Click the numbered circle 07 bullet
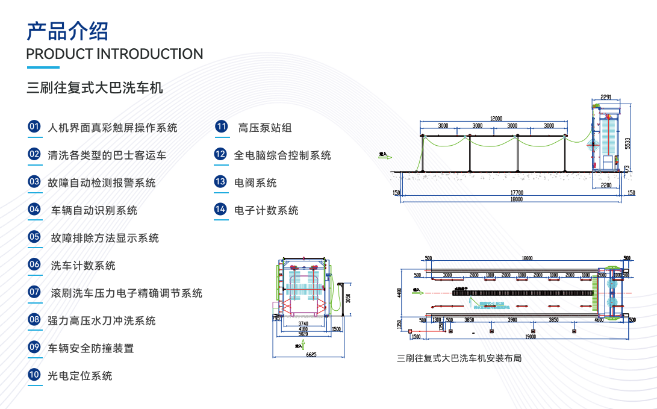pyautogui.click(x=34, y=293)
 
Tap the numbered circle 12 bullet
pyautogui.click(x=220, y=155)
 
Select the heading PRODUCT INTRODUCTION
pyautogui.click(x=114, y=54)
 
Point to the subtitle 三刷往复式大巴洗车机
pyautogui.click(x=95, y=89)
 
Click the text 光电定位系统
pyautogui.click(x=80, y=376)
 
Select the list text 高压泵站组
pyautogui.click(x=265, y=128)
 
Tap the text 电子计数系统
pyautogui.click(x=266, y=210)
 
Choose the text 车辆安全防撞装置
pyautogui.click(x=91, y=348)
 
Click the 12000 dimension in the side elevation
pyautogui.click(x=496, y=119)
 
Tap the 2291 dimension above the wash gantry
pyautogui.click(x=605, y=97)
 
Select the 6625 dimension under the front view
pyautogui.click(x=311, y=355)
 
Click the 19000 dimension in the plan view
pyautogui.click(x=529, y=337)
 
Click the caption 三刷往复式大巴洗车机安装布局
pyautogui.click(x=459, y=358)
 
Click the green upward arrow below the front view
pyautogui.click(x=304, y=345)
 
